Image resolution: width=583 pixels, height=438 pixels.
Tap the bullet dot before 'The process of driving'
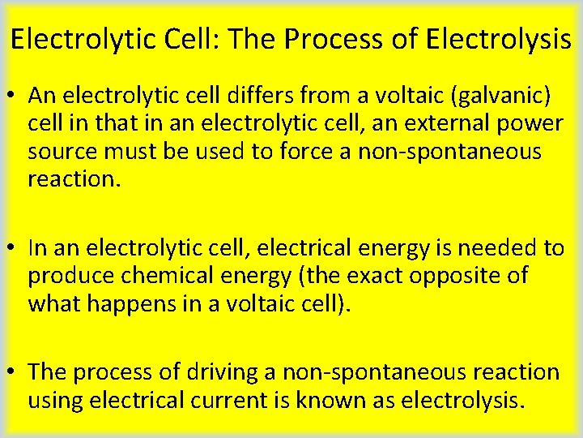coord(14,372)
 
